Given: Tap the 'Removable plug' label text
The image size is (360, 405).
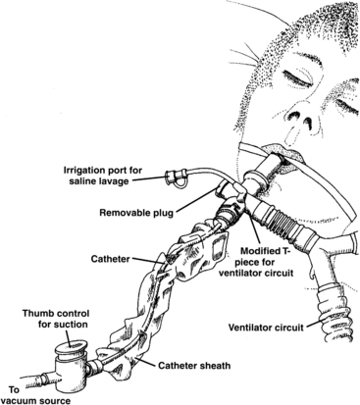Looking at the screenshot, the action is pos(136,213).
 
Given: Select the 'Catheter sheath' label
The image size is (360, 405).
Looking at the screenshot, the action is pos(194,365).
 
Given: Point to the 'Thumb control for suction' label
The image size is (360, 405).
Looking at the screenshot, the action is pos(56,319).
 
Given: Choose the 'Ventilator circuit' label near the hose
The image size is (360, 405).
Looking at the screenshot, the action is pos(266,327).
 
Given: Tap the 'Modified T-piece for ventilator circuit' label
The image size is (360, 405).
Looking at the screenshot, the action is pos(266,262).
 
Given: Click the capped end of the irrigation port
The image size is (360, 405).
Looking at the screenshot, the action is pos(170,177).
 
